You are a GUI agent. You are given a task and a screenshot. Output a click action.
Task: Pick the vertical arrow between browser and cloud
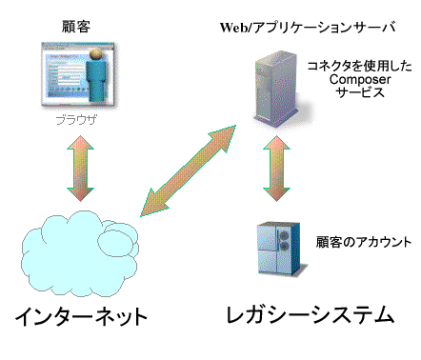click(x=78, y=169)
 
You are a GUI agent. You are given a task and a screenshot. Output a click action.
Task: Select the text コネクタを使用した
click(x=352, y=66)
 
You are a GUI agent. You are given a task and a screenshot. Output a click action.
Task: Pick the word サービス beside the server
click(x=352, y=95)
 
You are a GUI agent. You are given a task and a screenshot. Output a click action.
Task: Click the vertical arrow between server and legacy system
click(x=276, y=169)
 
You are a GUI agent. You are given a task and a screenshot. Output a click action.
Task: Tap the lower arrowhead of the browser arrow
click(x=78, y=195)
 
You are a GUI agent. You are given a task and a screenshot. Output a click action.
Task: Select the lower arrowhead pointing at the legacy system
click(x=276, y=195)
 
